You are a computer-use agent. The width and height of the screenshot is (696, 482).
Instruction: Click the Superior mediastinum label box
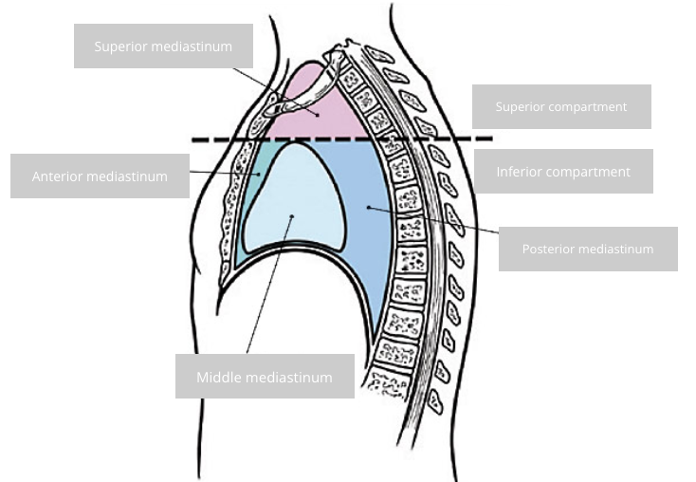click(x=163, y=46)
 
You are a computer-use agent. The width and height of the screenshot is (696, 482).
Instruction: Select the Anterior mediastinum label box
click(x=100, y=176)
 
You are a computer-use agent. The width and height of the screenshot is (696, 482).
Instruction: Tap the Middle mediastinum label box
click(x=265, y=377)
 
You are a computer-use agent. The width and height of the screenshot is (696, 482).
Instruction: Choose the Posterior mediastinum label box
click(x=588, y=249)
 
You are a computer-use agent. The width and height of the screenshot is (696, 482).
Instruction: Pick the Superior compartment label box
click(x=561, y=106)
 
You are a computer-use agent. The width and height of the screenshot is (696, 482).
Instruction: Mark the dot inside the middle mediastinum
click(x=292, y=216)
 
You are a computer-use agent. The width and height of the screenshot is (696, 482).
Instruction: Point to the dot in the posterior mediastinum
click(x=367, y=206)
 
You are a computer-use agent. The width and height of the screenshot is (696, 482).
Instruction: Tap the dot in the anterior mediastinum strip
click(x=259, y=175)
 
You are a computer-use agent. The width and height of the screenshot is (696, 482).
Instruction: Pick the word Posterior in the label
click(x=548, y=249)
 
